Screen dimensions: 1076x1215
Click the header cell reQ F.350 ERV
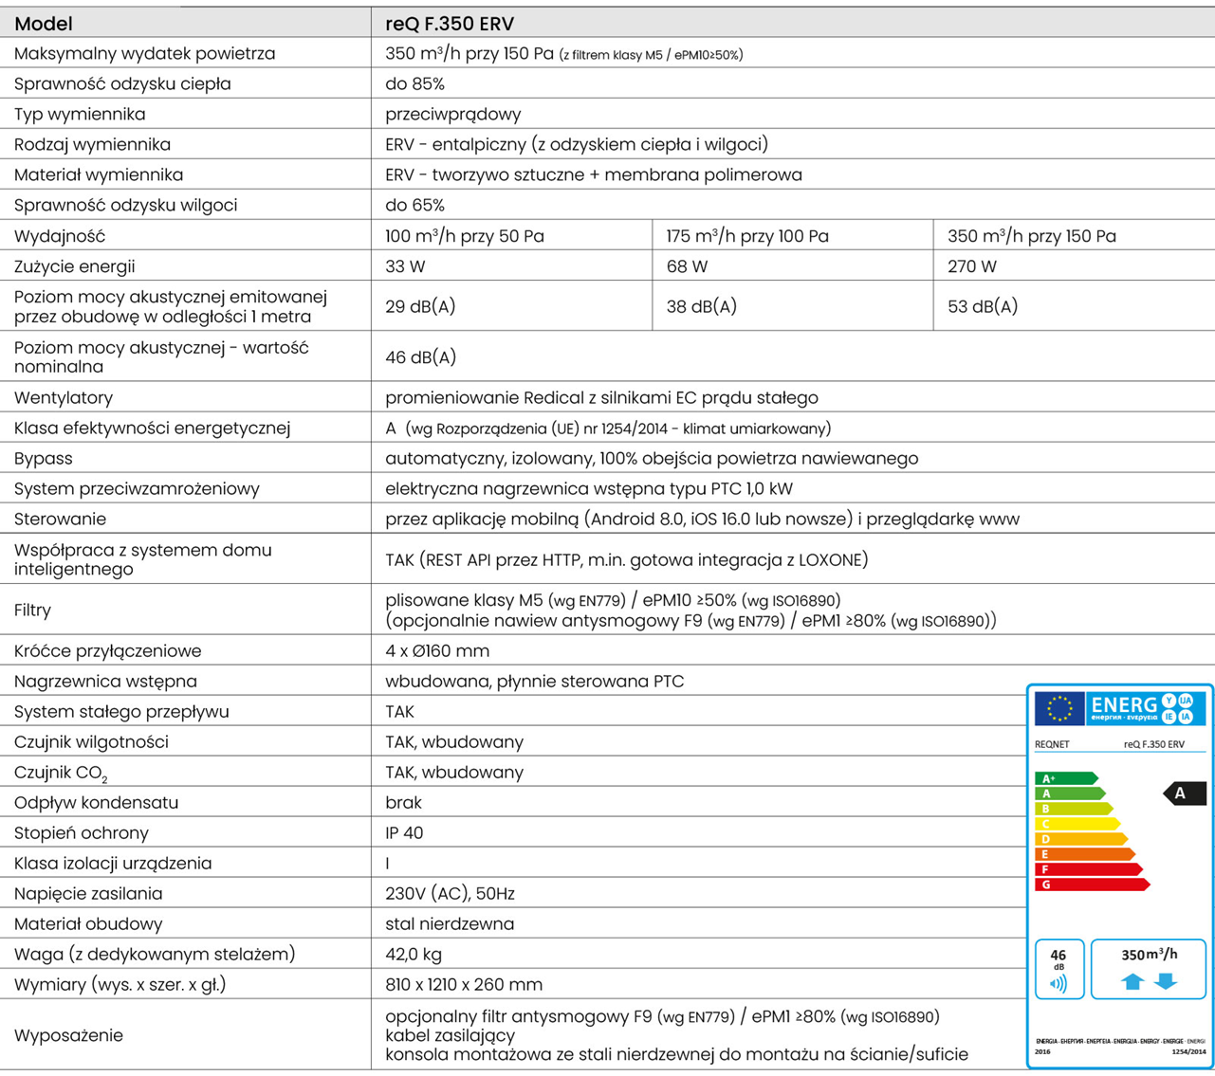[450, 24]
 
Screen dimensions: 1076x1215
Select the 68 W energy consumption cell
[687, 266]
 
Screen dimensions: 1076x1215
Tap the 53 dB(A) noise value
[982, 306]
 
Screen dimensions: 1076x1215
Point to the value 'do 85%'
[414, 84]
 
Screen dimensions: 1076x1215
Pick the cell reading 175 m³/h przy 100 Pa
[746, 236]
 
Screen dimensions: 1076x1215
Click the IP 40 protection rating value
[404, 833]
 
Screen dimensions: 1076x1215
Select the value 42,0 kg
[414, 955]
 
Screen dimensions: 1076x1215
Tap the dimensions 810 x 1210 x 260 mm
[464, 985]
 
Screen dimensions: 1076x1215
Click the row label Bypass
[44, 459]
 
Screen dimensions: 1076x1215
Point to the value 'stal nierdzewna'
[450, 924]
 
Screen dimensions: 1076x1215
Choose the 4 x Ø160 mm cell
[437, 651]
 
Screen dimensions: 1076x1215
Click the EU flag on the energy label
[1059, 708]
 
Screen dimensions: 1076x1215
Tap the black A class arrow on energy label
[1184, 793]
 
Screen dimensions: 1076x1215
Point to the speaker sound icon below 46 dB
[1059, 984]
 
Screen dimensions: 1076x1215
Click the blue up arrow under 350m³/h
[1132, 982]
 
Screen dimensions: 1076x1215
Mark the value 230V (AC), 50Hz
[450, 894]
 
